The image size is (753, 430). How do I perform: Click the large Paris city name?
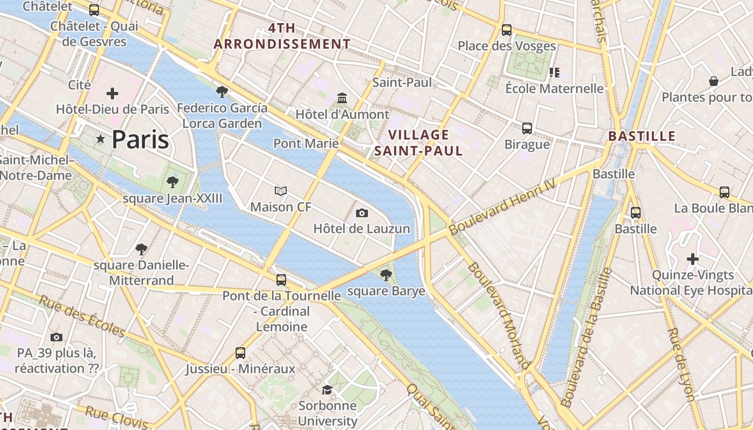click(140, 140)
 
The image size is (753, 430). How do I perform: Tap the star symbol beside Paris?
click(100, 139)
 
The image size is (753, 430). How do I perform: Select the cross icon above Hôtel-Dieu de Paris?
click(112, 94)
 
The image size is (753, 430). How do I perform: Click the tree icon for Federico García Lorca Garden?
click(222, 92)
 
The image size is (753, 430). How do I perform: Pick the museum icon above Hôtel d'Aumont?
click(342, 98)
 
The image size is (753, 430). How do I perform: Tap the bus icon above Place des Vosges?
click(507, 30)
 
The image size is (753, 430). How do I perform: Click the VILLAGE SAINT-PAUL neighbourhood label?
click(418, 143)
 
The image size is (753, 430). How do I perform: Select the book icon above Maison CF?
click(281, 191)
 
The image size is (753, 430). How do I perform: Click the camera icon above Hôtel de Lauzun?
click(362, 213)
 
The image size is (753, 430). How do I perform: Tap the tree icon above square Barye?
click(386, 275)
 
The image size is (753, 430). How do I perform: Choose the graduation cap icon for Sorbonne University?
click(327, 390)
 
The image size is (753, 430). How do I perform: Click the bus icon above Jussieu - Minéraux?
click(240, 353)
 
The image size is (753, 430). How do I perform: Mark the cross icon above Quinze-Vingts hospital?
click(693, 259)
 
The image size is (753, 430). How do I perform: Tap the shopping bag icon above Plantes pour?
click(714, 81)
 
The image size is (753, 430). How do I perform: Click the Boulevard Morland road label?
click(499, 314)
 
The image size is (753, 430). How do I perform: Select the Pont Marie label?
click(306, 144)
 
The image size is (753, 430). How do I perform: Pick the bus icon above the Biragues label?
click(527, 128)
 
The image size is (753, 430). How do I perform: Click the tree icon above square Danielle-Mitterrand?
click(141, 249)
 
